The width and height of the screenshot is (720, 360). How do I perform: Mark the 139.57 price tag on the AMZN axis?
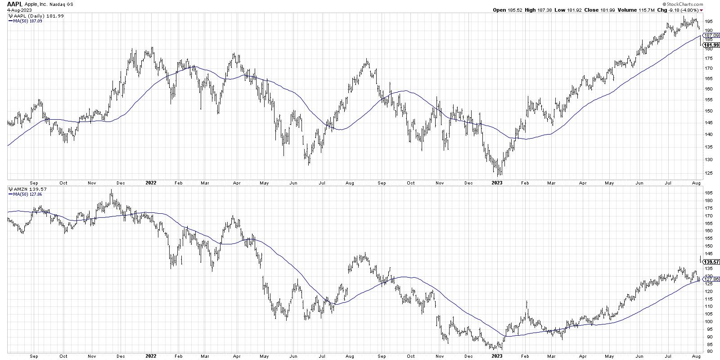point(710,261)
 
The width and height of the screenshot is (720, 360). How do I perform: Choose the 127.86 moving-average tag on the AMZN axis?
point(710,279)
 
